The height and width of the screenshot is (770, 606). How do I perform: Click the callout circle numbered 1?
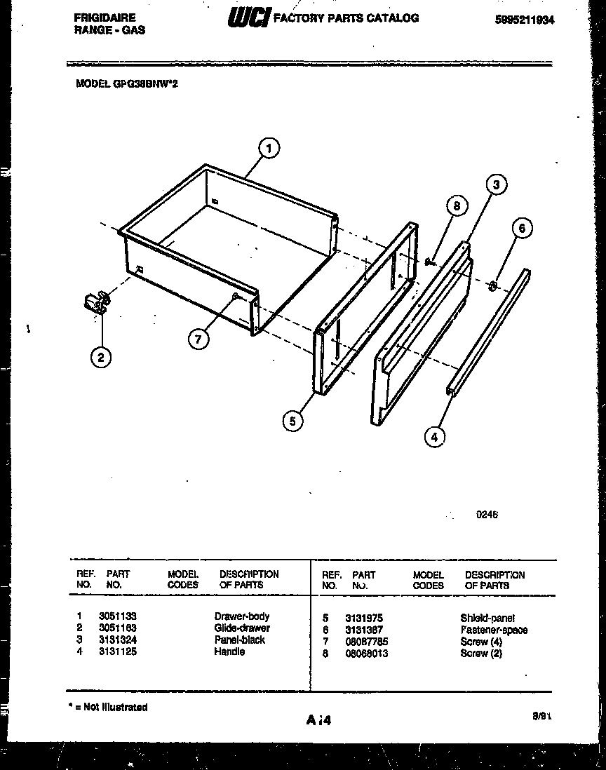click(269, 148)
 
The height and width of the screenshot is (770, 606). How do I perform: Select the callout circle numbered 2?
click(101, 358)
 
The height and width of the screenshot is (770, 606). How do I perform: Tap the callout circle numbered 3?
click(496, 186)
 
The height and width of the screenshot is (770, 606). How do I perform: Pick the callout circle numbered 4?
click(434, 437)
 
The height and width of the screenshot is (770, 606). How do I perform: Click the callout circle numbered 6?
click(521, 228)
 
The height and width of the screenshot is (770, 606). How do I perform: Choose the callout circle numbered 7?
click(198, 339)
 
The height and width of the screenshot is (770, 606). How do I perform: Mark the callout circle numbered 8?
click(457, 206)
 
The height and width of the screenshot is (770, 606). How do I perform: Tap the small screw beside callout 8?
click(429, 262)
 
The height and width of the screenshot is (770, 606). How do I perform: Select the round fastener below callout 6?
click(493, 285)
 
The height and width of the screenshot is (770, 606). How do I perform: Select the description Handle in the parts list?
click(229, 651)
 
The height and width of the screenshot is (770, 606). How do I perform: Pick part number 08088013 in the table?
click(366, 654)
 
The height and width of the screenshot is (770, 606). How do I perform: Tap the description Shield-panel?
click(487, 618)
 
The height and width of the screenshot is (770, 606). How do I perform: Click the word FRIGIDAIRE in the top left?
click(105, 18)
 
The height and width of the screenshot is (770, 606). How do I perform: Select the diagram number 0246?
click(487, 514)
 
